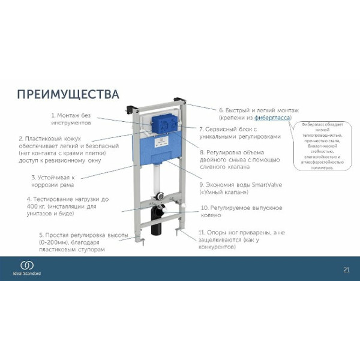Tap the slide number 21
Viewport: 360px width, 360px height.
coord(345,268)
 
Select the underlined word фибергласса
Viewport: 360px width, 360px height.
coord(271,119)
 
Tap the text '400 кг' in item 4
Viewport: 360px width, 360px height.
coord(36,206)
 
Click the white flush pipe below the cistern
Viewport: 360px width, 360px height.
coord(158,180)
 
